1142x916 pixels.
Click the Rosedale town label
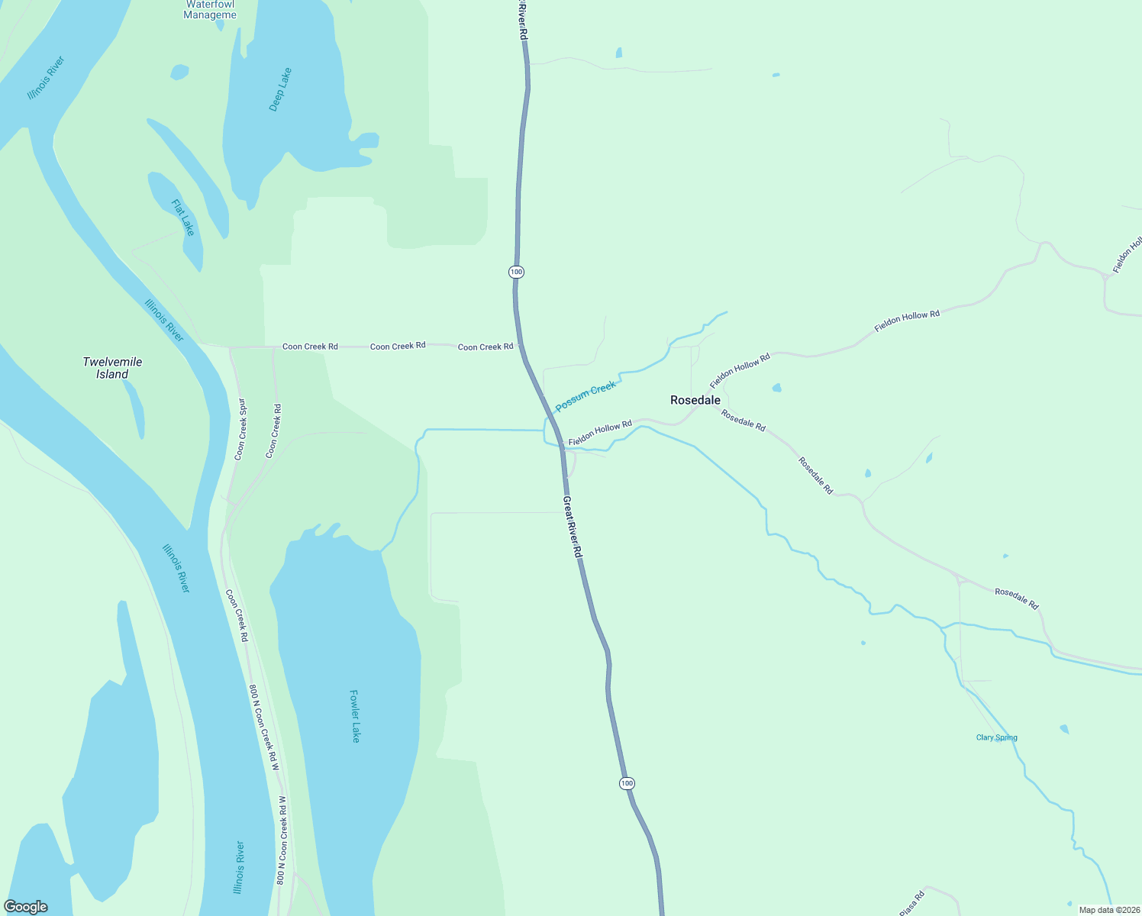695,400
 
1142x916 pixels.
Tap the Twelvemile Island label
112,368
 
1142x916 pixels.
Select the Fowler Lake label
354,716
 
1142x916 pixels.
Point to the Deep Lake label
280,90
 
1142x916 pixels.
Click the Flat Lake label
183,218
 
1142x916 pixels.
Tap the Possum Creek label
586,397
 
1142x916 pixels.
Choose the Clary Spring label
996,737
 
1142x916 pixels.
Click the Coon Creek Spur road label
241,429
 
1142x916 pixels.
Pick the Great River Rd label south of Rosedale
573,527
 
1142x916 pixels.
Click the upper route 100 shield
517,272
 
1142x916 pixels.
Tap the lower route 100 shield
627,783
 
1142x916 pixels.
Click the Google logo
25,907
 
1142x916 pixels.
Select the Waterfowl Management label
210,10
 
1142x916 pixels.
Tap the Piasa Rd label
911,903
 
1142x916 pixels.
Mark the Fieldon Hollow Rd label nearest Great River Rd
600,434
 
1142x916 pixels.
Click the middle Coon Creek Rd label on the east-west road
398,347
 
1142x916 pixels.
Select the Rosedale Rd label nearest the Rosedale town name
743,421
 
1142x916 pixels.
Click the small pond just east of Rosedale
776,388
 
